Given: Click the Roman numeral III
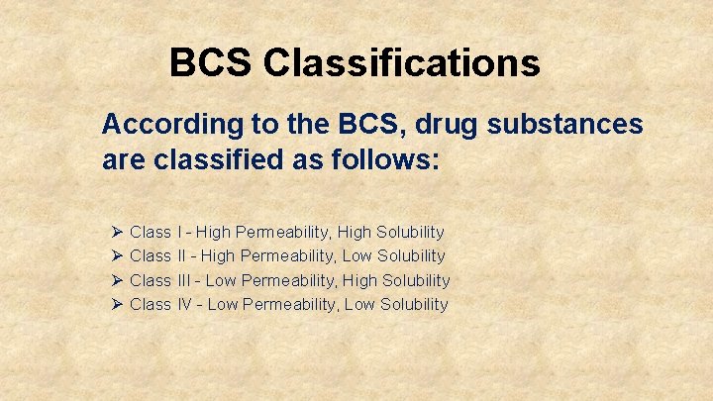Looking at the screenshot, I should click(185, 280).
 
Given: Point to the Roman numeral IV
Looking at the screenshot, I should click(185, 304).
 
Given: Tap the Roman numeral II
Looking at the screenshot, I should click(182, 256).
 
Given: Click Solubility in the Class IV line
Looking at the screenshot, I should click(414, 304).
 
